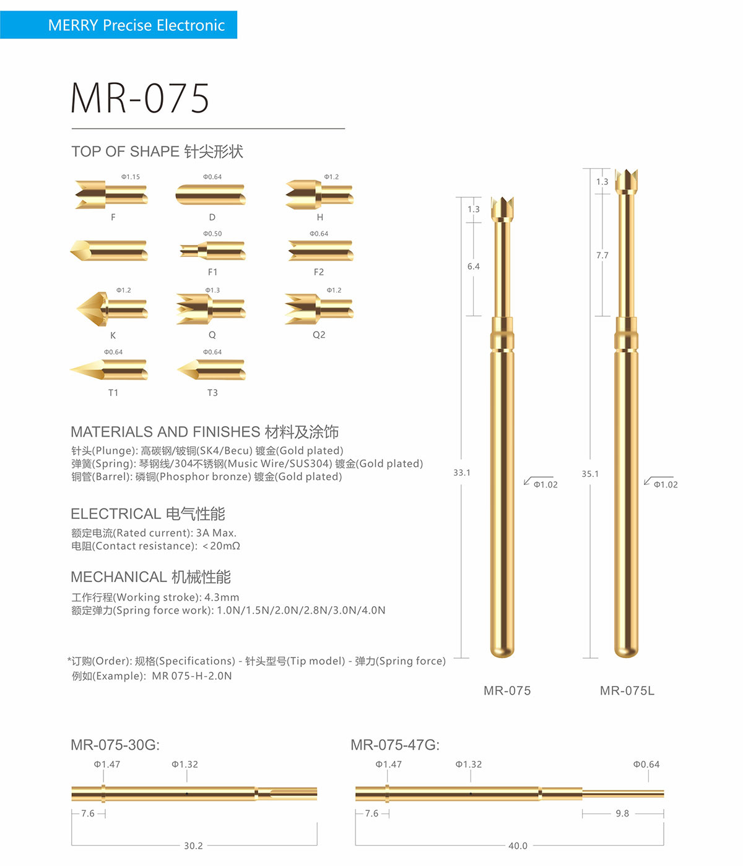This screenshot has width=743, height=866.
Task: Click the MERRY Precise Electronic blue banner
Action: [x=118, y=25]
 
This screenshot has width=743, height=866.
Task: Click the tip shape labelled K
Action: [x=111, y=309]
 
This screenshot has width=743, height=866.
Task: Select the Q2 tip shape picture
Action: [x=319, y=309]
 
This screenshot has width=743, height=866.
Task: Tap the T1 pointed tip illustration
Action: [x=108, y=369]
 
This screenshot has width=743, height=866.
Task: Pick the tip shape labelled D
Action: [x=211, y=195]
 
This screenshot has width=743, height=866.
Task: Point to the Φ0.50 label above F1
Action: [x=212, y=234]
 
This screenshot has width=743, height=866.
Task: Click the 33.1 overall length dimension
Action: [x=462, y=473]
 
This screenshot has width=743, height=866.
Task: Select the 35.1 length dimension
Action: [x=590, y=474]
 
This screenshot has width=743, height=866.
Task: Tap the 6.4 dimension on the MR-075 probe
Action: [x=474, y=267]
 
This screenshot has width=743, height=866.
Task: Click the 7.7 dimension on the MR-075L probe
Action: [x=602, y=255]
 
